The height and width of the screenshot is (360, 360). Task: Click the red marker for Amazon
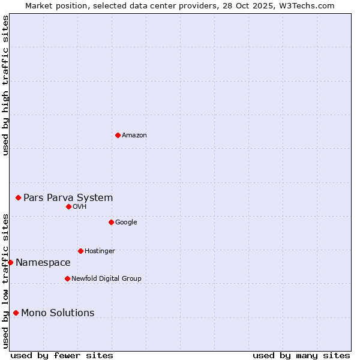point(118,135)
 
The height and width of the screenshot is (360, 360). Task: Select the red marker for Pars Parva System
point(18,197)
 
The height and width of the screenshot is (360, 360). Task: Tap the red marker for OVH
point(68,206)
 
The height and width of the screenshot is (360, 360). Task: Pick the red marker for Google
point(111,222)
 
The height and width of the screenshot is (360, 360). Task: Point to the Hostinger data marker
point(80,251)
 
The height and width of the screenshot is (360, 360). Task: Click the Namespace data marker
point(10,262)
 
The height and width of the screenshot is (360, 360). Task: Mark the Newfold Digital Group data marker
point(67,278)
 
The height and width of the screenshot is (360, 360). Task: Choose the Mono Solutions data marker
point(16,313)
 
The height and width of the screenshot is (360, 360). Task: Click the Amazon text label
point(134,136)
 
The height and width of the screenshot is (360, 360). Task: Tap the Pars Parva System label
point(68,197)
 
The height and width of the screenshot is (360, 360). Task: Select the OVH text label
point(80,207)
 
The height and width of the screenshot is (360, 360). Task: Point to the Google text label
point(126,223)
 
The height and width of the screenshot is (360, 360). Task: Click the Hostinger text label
point(100,251)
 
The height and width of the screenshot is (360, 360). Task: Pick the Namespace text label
point(43,263)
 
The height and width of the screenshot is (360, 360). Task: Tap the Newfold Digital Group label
point(106,279)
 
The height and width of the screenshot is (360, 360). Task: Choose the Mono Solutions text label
point(58,313)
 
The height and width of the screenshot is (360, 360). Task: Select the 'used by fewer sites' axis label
point(62,355)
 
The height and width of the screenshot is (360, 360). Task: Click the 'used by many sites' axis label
point(301,355)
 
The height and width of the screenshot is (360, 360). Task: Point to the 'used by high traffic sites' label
point(5,85)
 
